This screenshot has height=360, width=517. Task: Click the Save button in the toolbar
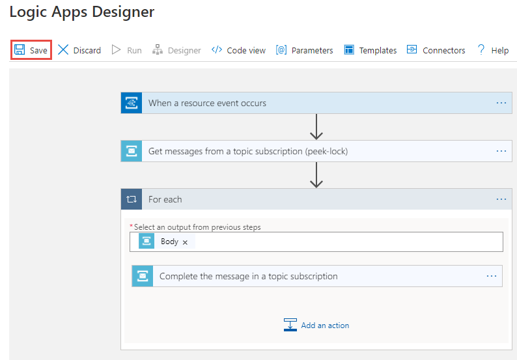(x=31, y=50)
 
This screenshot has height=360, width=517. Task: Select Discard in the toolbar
(x=79, y=50)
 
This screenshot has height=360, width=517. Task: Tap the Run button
(x=127, y=50)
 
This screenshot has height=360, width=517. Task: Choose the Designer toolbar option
(x=176, y=50)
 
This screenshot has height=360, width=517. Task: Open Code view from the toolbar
(x=238, y=50)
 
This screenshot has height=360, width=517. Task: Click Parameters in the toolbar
(x=304, y=50)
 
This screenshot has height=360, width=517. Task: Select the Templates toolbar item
(x=370, y=50)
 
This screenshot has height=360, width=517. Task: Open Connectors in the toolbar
(x=436, y=50)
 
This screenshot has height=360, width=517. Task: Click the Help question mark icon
(x=481, y=49)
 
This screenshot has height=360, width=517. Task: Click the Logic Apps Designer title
(x=82, y=12)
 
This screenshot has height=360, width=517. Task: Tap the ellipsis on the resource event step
(x=501, y=103)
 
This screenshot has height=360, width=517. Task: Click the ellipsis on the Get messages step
(x=501, y=151)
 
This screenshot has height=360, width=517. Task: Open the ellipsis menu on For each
(x=501, y=199)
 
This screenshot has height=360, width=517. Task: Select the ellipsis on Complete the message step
(x=492, y=276)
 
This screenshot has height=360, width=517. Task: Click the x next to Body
(x=185, y=242)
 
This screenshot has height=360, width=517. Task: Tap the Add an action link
(x=316, y=325)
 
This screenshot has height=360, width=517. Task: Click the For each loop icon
(x=132, y=199)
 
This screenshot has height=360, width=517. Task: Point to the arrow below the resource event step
(x=316, y=127)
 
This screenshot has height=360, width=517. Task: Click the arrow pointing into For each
(x=316, y=175)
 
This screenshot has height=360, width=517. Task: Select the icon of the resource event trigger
(x=132, y=103)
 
